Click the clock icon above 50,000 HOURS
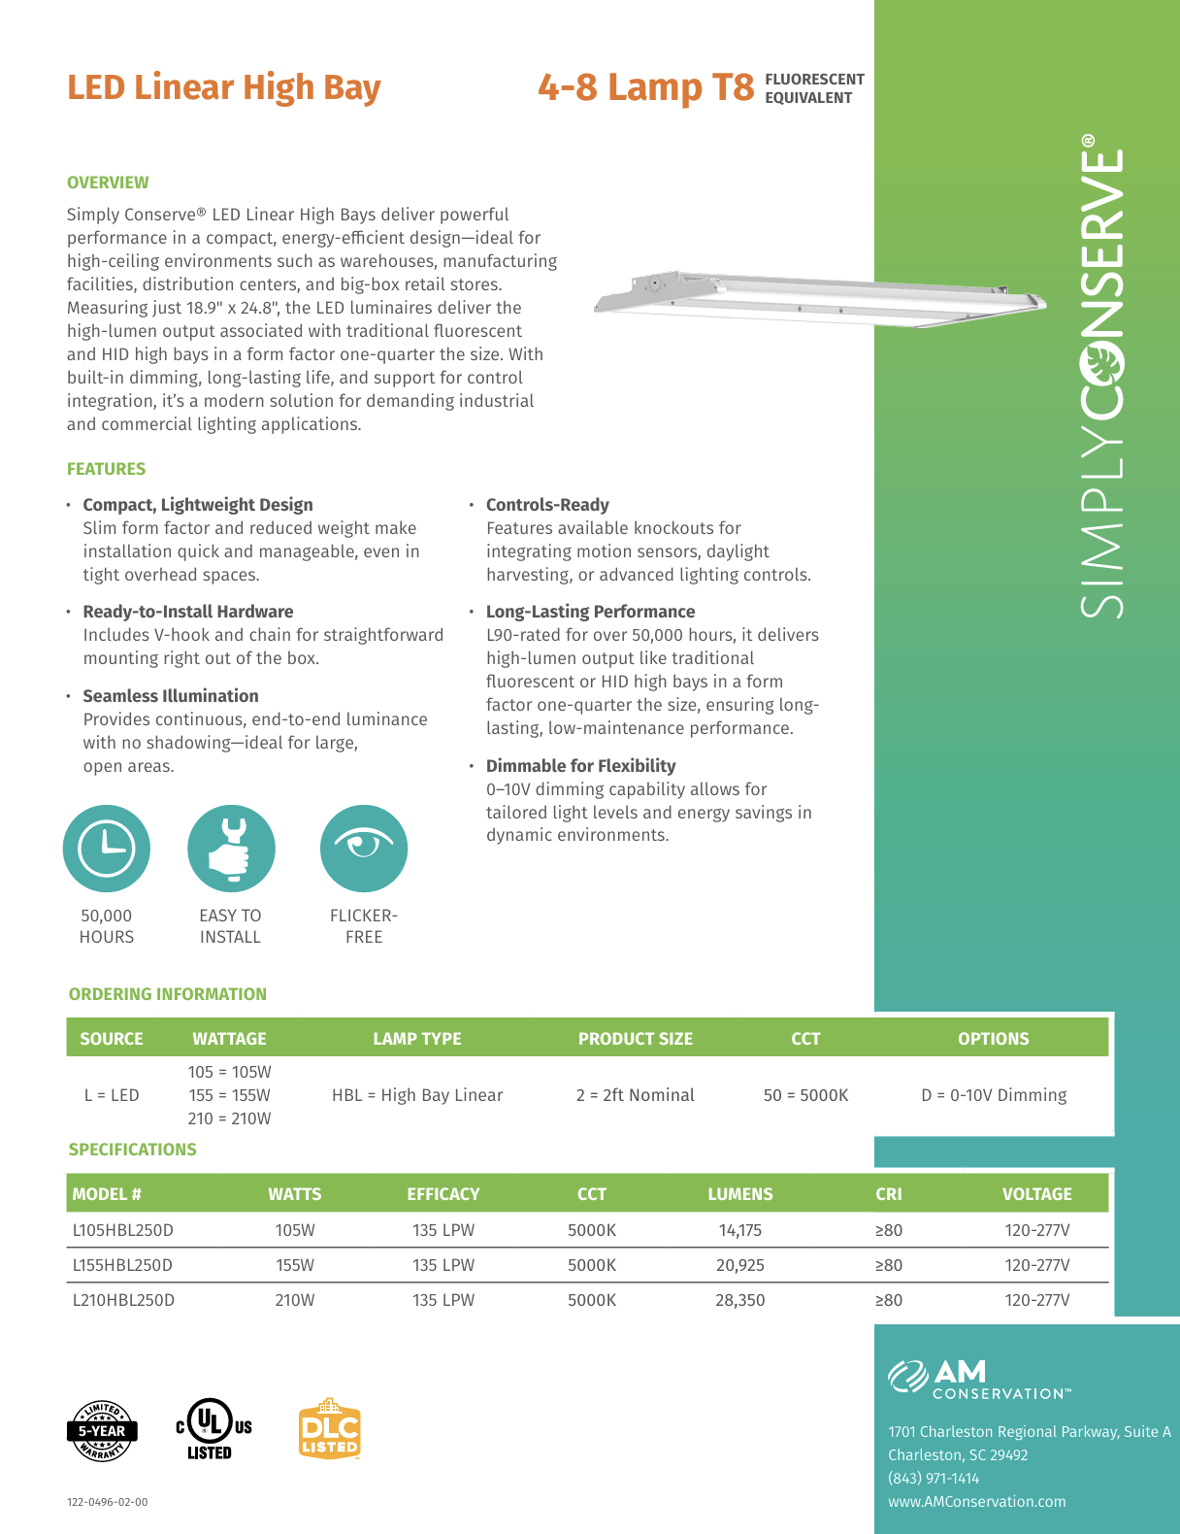107,849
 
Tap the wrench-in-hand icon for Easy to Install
231,849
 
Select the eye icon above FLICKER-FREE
364,849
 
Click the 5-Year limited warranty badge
102,1430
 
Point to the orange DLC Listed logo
330,1429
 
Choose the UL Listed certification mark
213,1428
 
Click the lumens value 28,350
739,1300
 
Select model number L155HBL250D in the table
122,1265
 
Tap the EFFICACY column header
443,1194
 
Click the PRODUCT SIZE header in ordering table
636,1039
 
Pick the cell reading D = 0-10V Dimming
994,1095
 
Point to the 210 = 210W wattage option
230,1118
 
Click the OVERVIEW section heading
108,183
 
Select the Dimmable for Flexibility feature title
580,766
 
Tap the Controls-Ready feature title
547,505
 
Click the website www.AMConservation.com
976,1501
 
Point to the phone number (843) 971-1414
934,1478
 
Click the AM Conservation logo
978,1380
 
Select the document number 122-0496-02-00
108,1502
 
